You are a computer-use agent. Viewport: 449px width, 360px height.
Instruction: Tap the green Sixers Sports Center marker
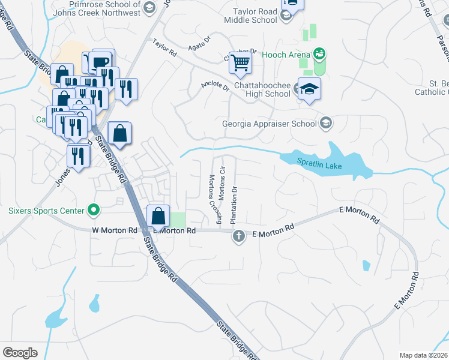tap(92, 210)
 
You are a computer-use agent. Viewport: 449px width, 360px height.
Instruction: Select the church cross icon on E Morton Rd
tap(238, 236)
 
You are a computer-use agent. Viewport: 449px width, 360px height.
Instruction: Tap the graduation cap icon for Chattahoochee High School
tap(309, 89)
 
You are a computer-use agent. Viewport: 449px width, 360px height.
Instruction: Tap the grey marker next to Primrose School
tap(149, 8)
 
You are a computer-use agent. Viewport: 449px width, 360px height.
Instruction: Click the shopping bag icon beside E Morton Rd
tap(157, 215)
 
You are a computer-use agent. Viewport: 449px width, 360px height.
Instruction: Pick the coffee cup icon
tap(102, 61)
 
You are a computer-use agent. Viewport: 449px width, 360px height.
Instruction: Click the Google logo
tap(20, 352)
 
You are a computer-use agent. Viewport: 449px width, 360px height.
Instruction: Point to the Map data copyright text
tap(423, 355)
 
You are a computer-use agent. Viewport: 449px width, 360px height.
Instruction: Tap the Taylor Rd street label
tap(164, 49)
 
